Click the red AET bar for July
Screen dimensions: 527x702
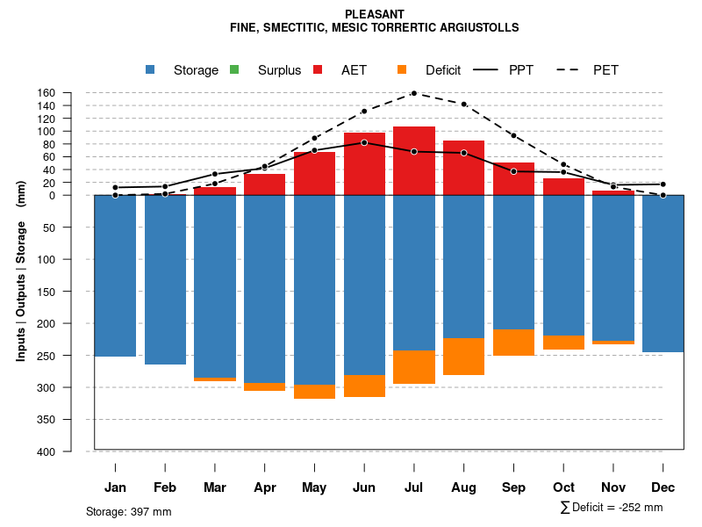[414, 161]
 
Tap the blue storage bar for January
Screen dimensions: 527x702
[115, 276]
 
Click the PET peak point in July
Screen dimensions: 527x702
[414, 93]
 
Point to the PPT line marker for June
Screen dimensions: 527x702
[364, 142]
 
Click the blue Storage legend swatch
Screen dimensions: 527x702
[152, 69]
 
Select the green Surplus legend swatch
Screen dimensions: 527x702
[234, 69]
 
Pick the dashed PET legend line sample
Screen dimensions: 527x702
[571, 69]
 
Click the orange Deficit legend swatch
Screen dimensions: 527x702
[402, 69]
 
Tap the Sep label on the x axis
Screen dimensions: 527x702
[514, 487]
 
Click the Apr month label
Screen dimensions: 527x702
[265, 487]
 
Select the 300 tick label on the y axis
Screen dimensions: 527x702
[71, 387]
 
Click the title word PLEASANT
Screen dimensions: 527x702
[375, 14]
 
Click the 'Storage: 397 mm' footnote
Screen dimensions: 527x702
[129, 511]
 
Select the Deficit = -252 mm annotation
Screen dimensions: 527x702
[612, 508]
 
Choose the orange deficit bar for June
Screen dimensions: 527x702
[364, 386]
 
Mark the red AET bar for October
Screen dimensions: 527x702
[564, 186]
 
